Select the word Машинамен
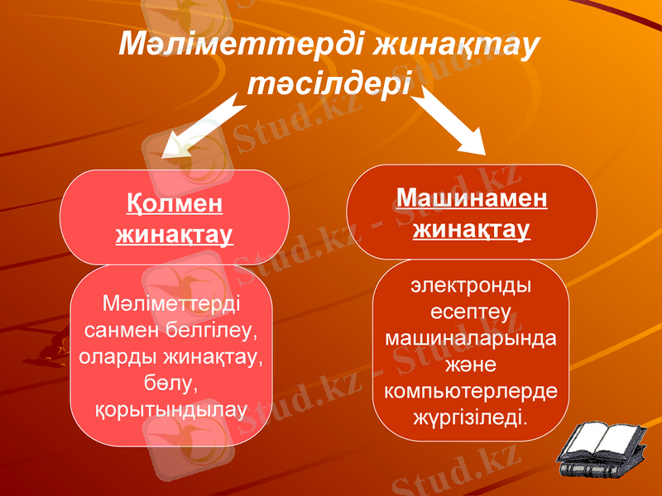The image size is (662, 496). (x=472, y=198)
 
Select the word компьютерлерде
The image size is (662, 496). (x=472, y=390)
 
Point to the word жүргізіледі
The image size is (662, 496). (x=472, y=416)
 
